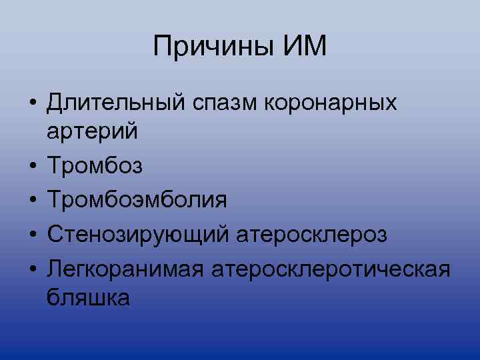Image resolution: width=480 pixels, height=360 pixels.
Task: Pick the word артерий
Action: [x=93, y=131]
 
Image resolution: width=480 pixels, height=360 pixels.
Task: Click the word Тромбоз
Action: [x=95, y=165]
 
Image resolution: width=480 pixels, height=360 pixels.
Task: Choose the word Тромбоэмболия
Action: [x=137, y=199]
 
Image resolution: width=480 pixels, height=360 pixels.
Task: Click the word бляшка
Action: [x=89, y=297]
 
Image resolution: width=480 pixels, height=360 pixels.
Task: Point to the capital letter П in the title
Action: [x=162, y=47]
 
